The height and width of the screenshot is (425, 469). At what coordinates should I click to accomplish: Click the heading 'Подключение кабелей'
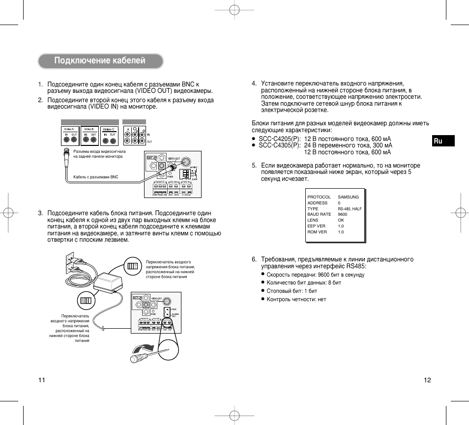tap(100, 61)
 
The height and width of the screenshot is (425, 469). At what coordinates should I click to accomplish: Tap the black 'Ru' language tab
tap(438, 141)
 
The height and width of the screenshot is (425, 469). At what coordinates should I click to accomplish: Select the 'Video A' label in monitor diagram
tap(69, 129)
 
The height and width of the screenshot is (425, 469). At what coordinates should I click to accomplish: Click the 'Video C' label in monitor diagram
tap(108, 129)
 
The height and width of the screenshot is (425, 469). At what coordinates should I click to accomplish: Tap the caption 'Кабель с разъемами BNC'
tap(96, 177)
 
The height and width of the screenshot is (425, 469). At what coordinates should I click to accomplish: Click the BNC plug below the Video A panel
tap(64, 157)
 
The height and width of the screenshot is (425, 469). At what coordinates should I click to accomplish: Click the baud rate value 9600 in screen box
tap(343, 214)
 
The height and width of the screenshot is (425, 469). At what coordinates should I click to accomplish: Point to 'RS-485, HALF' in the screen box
tap(350, 209)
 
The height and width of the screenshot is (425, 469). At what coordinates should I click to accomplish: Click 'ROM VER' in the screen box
tap(317, 232)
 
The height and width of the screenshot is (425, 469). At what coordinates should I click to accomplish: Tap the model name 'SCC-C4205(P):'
tap(279, 139)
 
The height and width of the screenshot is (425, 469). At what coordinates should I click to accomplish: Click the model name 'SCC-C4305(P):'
tap(279, 145)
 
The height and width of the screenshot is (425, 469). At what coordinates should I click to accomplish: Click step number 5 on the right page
tap(254, 166)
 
